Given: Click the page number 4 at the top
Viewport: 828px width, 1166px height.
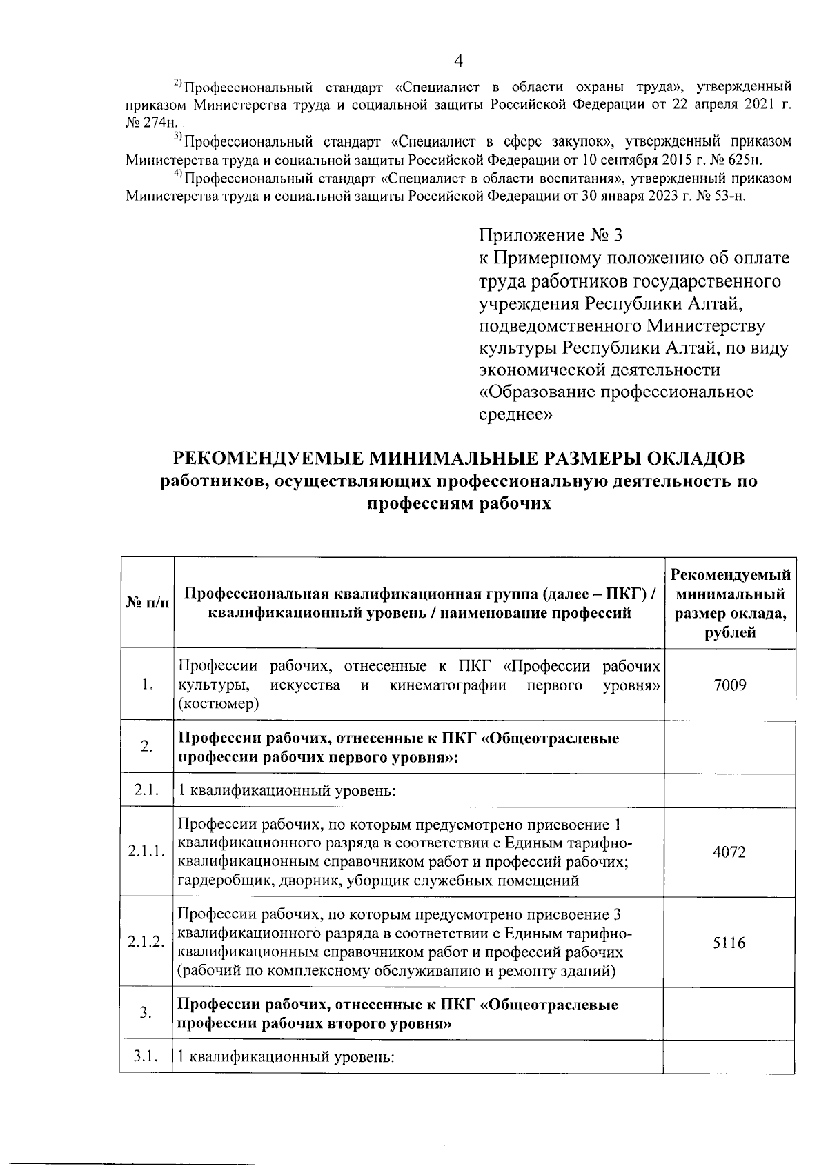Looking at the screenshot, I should [458, 61].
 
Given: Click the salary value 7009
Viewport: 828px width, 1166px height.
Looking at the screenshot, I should [729, 685].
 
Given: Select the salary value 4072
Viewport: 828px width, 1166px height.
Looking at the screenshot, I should [729, 852].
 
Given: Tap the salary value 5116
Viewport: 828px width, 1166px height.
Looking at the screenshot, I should [729, 943].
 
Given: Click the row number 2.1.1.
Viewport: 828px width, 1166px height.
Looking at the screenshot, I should [146, 852].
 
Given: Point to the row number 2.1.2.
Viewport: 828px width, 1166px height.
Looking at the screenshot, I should [146, 943].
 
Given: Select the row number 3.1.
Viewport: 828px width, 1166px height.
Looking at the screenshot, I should [146, 1056].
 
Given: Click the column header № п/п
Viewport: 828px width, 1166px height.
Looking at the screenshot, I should [146, 603].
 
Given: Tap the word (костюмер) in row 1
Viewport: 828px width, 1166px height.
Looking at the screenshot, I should [219, 704].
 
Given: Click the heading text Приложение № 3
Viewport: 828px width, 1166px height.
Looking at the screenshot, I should [551, 236].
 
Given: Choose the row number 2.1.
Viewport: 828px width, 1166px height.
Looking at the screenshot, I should [146, 790].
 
